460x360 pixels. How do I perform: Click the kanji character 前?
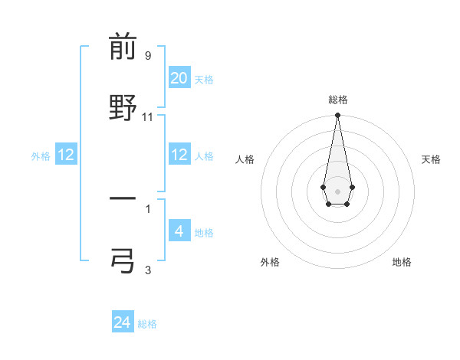point(123,48)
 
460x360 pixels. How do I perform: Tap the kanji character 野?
point(123,107)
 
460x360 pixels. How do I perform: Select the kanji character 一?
point(123,198)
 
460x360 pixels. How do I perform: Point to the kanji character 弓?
point(123,259)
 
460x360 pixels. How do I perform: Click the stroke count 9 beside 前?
point(148,56)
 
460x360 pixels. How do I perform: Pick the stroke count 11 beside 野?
point(148,116)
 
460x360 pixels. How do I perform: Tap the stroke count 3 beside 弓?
point(148,269)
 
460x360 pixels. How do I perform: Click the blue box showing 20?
point(179,78)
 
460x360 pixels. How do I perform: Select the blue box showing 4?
point(179,231)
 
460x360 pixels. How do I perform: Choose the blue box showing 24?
point(123,322)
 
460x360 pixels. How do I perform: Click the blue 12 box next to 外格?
point(66,155)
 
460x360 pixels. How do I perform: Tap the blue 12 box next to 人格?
point(179,155)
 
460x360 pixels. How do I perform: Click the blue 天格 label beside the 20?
point(204,80)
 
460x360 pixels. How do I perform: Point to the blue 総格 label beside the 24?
point(147,324)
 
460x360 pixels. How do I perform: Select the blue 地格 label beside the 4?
point(204,233)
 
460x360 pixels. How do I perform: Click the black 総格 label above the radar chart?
point(338,100)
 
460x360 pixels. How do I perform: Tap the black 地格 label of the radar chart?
point(402,262)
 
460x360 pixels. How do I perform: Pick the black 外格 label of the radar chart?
point(270,262)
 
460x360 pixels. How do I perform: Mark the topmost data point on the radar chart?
point(337,116)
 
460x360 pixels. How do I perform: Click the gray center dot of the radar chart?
point(337,190)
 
